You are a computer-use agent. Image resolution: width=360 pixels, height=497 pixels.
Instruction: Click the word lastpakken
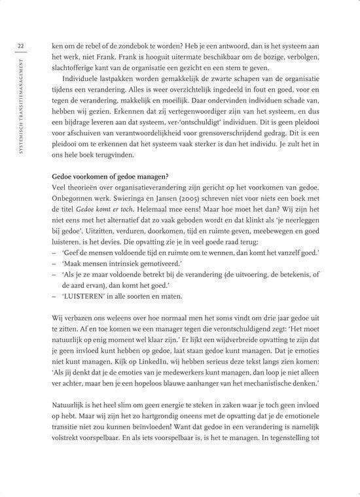[x=122, y=84]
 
